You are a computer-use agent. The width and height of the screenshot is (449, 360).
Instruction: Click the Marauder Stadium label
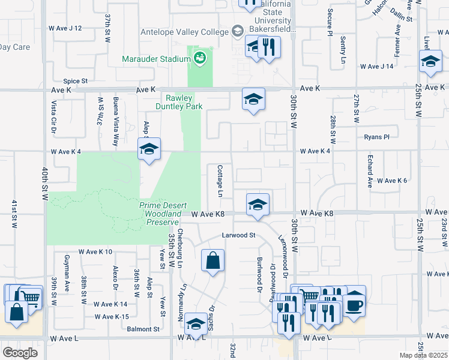(155, 59)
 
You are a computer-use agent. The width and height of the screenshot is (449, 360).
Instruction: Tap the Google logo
(20, 352)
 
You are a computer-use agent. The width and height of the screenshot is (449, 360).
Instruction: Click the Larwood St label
(239, 235)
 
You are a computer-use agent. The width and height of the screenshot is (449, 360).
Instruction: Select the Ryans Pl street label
(376, 137)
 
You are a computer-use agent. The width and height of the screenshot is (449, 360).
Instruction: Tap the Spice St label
(76, 81)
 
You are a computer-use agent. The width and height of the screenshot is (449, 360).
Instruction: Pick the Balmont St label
(143, 329)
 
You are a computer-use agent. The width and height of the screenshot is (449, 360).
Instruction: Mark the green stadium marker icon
(199, 58)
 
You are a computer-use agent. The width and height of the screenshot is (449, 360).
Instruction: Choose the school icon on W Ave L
(196, 323)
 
